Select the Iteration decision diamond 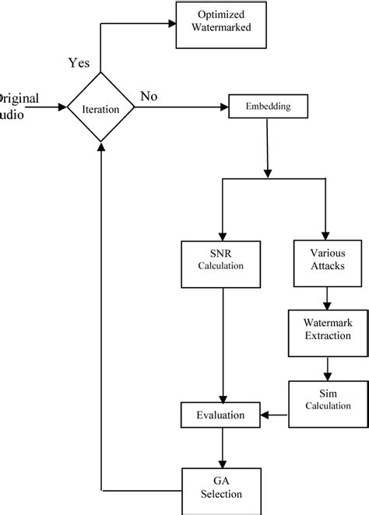[x=100, y=108]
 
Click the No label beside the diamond [x=149, y=96]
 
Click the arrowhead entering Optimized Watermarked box [x=170, y=23]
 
